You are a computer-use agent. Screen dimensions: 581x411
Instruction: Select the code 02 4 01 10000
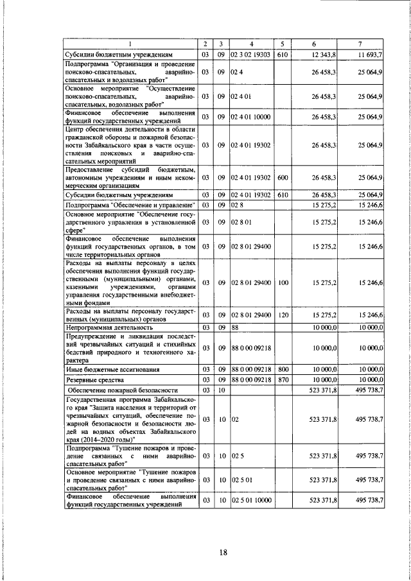[x=252, y=116]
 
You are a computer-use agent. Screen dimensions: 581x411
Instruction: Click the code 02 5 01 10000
[x=252, y=499]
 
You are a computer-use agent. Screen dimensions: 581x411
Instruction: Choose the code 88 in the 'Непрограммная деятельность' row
[x=236, y=327]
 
